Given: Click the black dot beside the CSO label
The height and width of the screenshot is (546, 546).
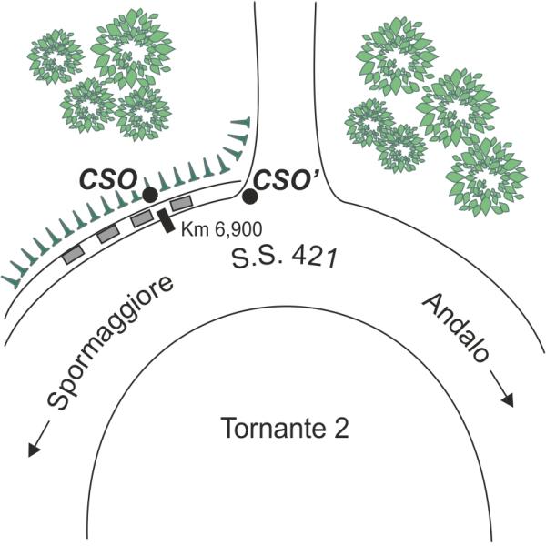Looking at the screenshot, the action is coord(150,195).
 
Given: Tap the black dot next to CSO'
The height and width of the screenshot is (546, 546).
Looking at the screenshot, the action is coord(250,197).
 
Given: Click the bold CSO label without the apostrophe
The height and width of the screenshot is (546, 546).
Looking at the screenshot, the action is coord(107,180).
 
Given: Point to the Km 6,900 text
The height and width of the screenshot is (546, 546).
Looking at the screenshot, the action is coord(221,229).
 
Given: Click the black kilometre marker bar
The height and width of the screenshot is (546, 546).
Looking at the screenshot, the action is coord(166,221).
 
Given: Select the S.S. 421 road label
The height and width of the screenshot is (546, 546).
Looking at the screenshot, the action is coord(285,258).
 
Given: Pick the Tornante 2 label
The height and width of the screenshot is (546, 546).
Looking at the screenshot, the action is coord(285,428).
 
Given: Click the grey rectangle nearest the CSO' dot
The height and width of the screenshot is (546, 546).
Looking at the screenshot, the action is coord(181,203).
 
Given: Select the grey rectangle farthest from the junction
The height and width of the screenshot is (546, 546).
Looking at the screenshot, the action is coord(73,254).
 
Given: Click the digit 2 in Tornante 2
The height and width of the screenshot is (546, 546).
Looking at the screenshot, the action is coord(341,428).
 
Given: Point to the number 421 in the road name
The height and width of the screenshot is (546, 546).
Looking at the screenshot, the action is coord(315,258).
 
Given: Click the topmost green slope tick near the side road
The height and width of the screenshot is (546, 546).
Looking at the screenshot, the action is coord(242,123).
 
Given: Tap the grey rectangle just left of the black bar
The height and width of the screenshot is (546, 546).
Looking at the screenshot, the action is coord(142,219).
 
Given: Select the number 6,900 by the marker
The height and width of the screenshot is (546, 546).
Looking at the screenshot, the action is coord(236,230).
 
